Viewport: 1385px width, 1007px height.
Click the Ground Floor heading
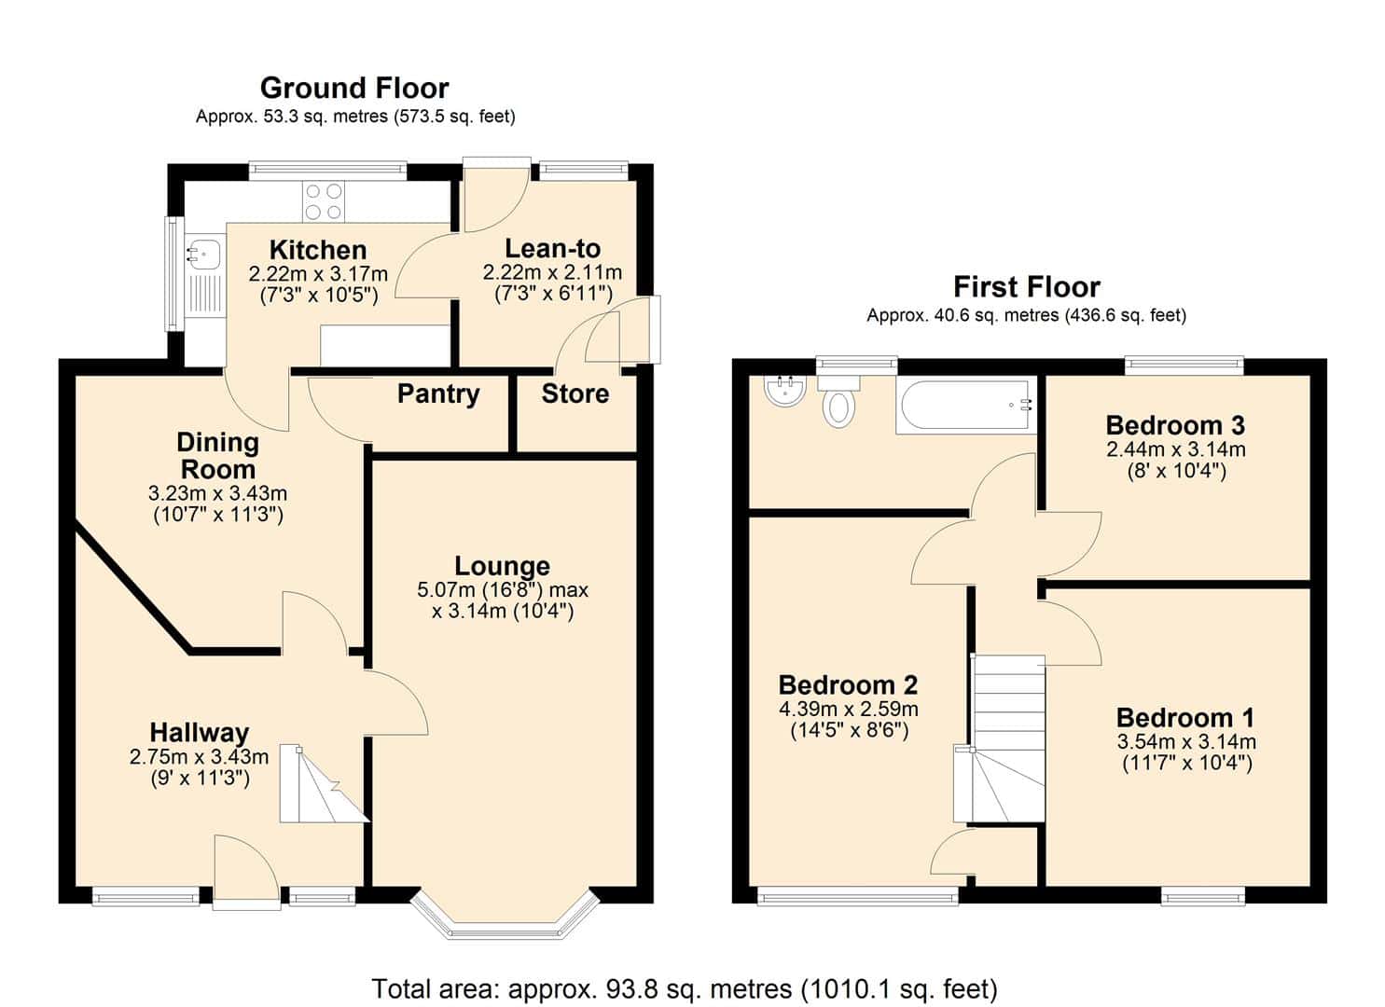[354, 89]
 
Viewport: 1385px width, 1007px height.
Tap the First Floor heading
[1026, 287]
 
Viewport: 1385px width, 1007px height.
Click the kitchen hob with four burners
[324, 201]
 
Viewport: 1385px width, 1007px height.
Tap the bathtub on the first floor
[965, 406]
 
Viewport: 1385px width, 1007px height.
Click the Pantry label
[438, 394]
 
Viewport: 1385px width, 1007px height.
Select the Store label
[575, 393]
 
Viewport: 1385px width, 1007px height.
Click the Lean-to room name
[553, 249]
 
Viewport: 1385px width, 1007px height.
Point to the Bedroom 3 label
[1175, 425]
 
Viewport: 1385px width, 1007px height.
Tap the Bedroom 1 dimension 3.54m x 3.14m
[1186, 741]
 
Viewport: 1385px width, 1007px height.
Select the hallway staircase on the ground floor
[324, 784]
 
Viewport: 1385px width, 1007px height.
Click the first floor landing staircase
[1000, 738]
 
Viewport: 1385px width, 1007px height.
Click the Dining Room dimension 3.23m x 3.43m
[217, 493]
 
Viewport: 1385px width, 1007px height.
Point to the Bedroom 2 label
[849, 685]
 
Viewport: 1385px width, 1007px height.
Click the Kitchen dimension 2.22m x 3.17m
[318, 273]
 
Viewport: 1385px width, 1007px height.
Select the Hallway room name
[199, 733]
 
